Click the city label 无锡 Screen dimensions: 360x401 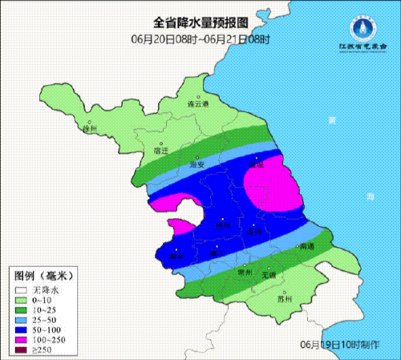(277, 274)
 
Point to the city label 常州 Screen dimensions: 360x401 (246, 273)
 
